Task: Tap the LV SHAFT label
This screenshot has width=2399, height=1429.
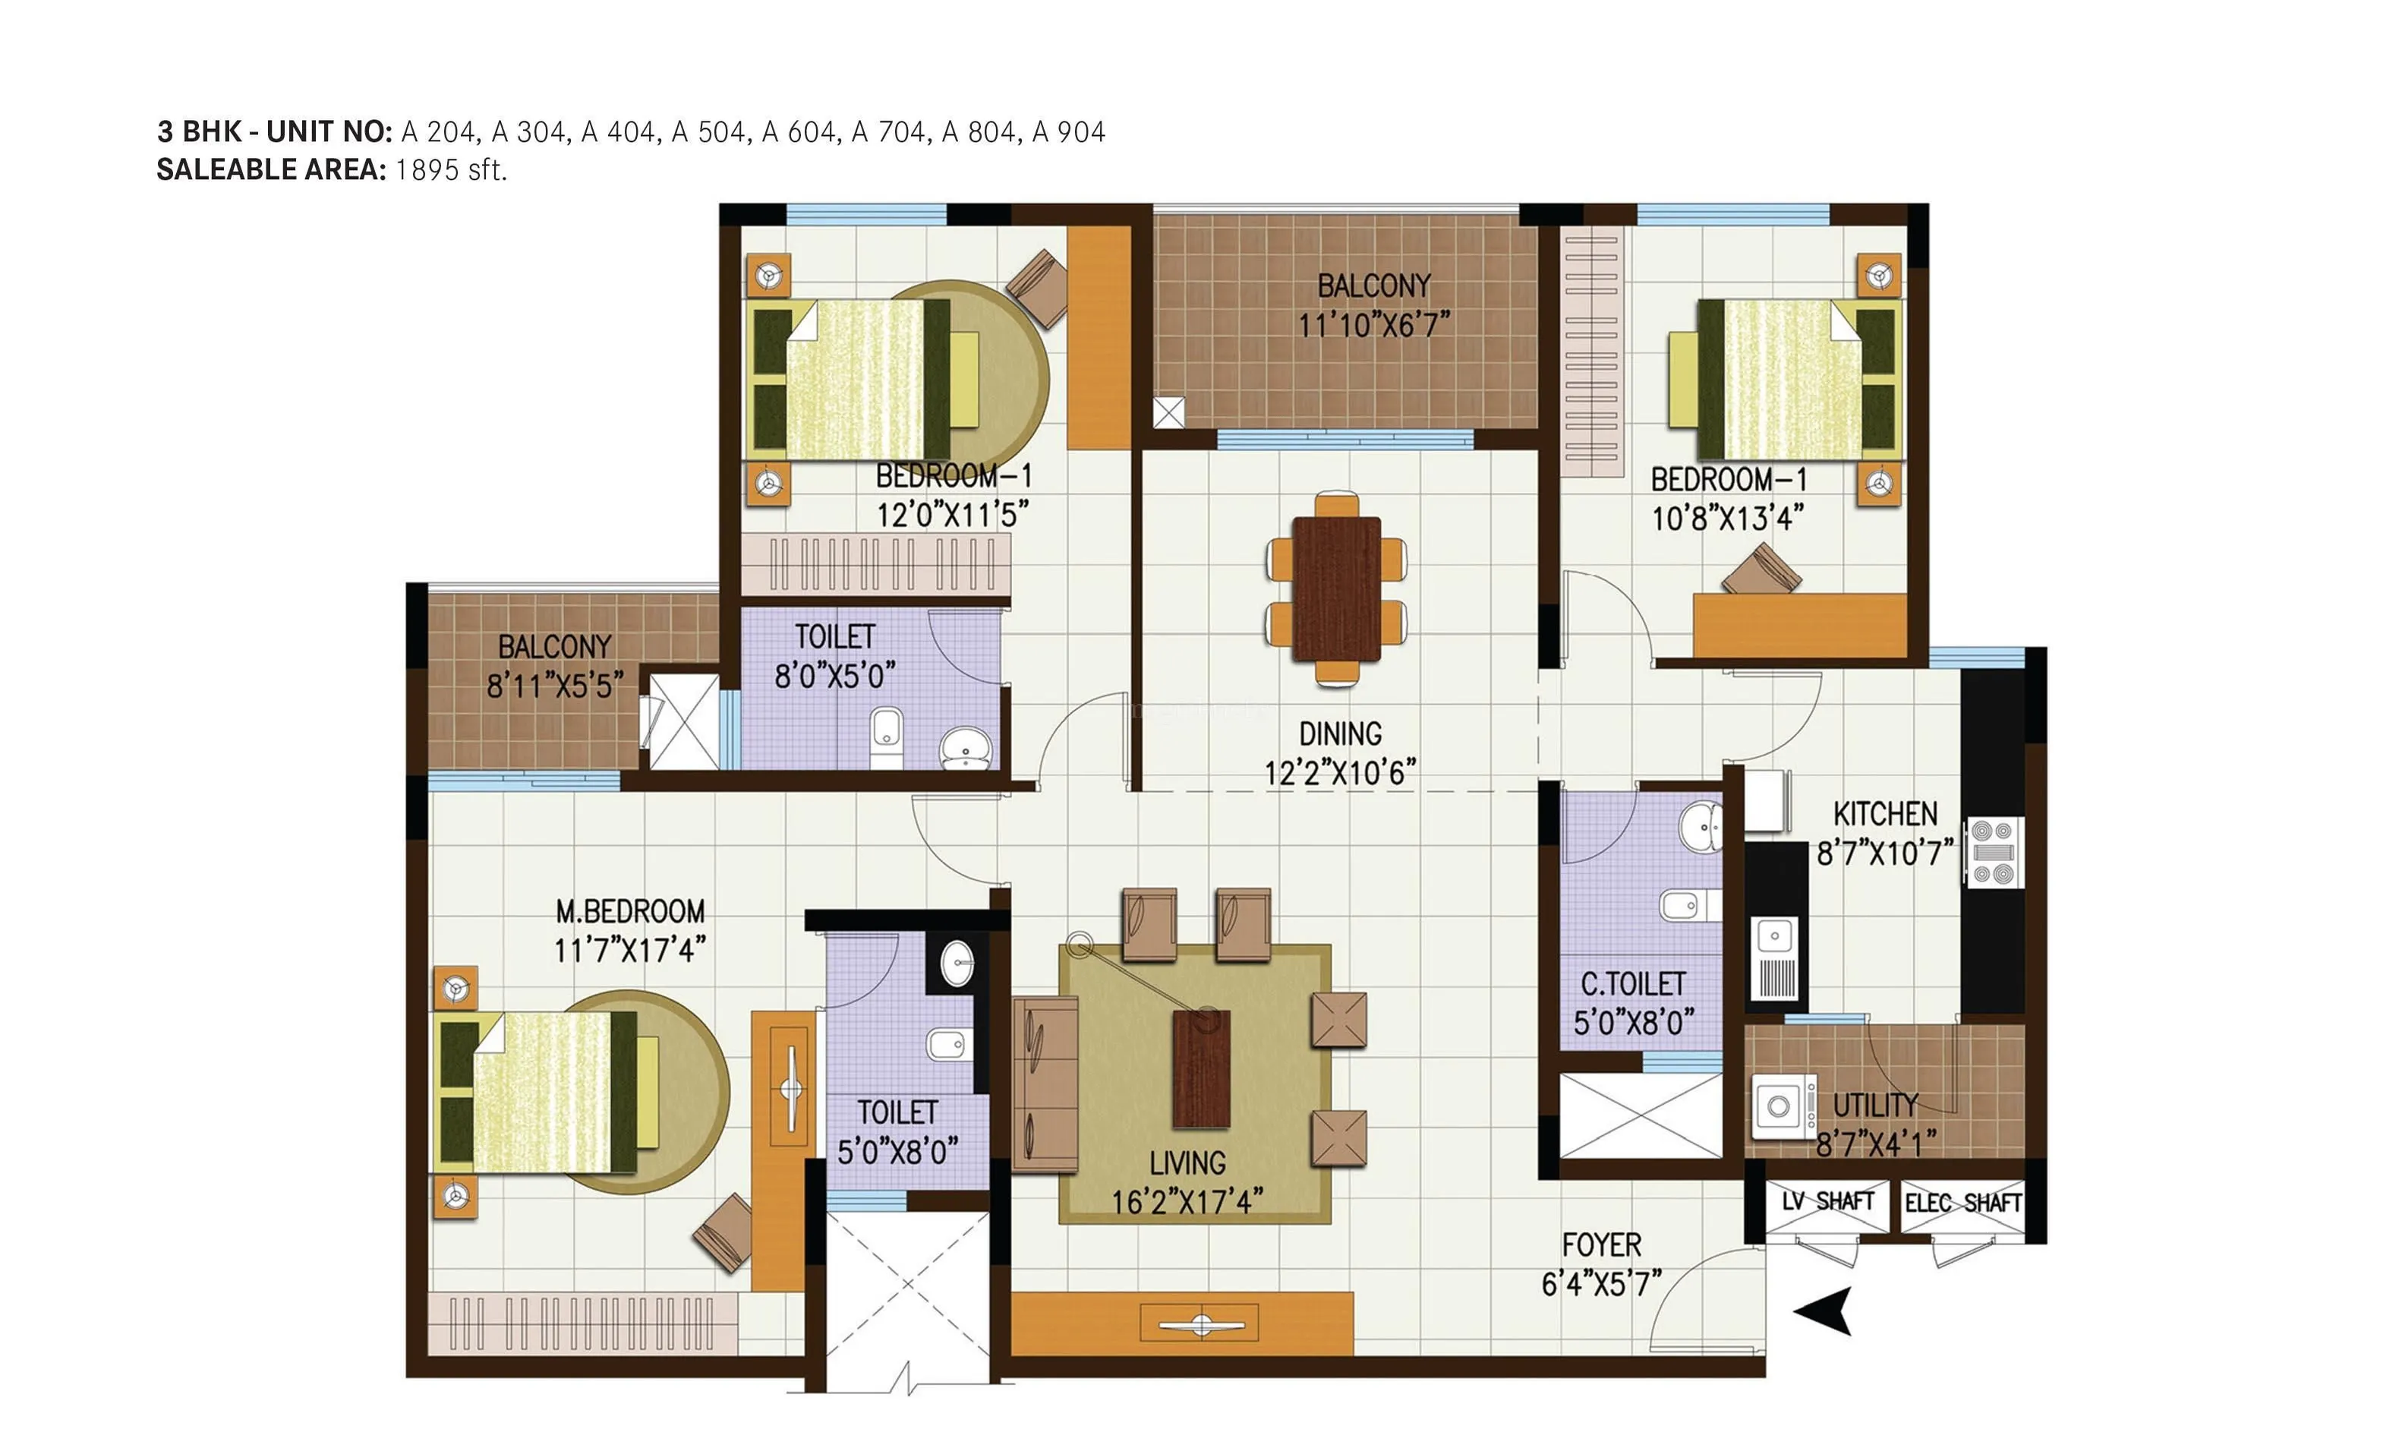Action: [1827, 1202]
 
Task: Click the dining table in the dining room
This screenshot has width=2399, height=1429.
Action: [1336, 588]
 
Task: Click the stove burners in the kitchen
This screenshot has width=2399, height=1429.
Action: [1993, 851]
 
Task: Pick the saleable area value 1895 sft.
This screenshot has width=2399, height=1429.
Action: [450, 170]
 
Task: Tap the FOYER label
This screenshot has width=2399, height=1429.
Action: [1601, 1245]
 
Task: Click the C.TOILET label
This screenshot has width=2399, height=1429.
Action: [1634, 983]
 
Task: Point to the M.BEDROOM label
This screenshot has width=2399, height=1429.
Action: [631, 911]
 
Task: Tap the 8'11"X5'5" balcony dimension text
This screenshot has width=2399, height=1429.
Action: [554, 686]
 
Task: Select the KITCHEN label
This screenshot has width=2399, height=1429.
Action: [1885, 815]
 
